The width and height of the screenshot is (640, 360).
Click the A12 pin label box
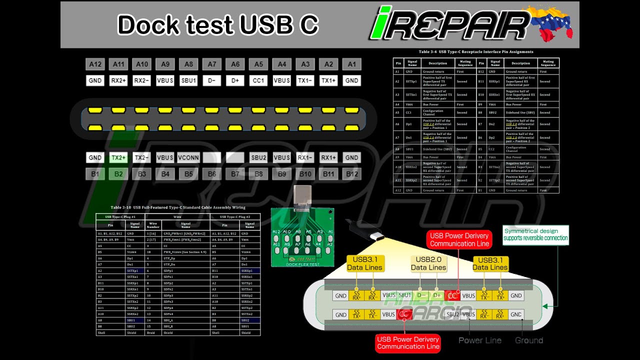95,64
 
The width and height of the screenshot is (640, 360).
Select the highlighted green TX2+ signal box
118,157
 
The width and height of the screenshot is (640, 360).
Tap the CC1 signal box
258,80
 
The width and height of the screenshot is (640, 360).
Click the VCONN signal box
188,157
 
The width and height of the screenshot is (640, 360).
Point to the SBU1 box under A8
188,80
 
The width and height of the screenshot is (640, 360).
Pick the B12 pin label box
351,174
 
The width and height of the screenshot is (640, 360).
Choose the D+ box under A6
235,80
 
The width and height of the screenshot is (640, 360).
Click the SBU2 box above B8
258,157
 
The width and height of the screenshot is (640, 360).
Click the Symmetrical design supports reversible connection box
535,234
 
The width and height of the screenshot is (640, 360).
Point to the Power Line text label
480,340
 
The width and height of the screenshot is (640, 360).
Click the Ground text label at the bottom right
528,340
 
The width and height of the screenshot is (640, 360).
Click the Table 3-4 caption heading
475,51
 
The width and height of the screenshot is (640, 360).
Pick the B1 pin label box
95,174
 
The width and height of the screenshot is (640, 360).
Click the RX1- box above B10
305,157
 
